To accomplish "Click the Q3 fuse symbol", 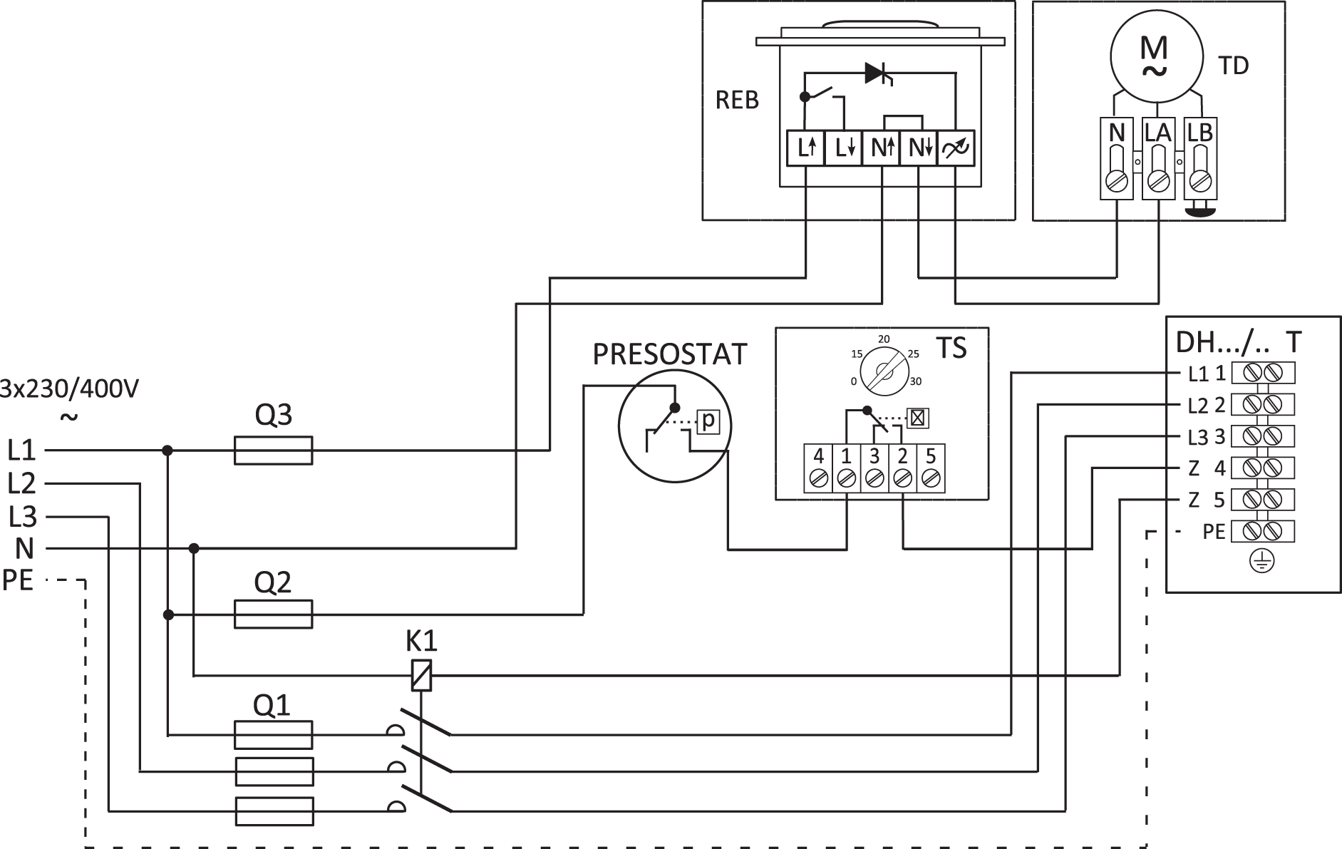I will pos(274,451).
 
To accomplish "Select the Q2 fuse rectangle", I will pos(274,614).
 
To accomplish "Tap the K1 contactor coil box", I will pos(422,675).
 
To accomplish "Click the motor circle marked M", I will pos(1154,53).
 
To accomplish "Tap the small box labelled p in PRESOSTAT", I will pos(708,422).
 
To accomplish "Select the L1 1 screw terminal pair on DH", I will pos(1262,373).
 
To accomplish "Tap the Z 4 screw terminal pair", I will pos(1262,468).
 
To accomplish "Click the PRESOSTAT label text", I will pos(669,354).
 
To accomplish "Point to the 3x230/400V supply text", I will pos(69,389).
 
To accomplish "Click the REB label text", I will pos(737,101).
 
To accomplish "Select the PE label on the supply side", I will pos(18,580).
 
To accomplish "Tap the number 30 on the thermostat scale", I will pos(915,382).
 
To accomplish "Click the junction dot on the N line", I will pos(194,548).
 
